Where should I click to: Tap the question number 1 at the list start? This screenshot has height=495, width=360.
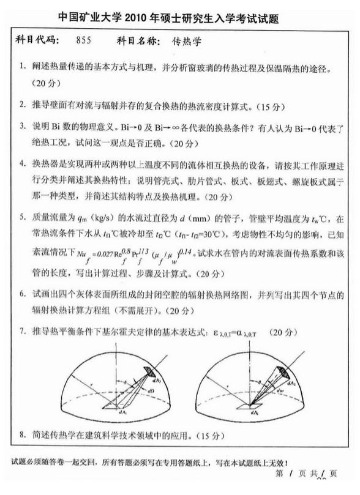click(21, 66)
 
